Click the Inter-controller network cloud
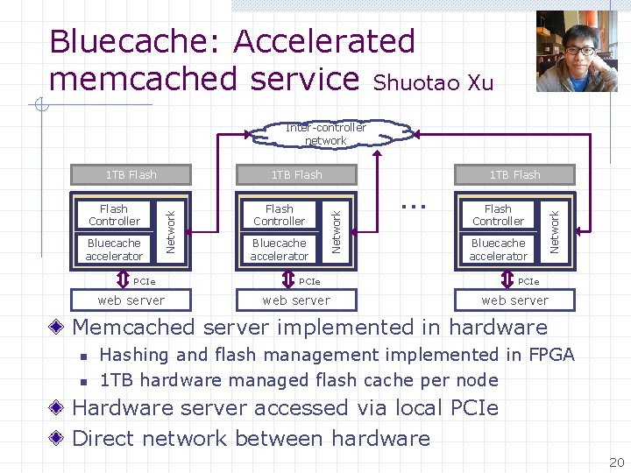[326, 133]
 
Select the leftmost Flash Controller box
[114, 215]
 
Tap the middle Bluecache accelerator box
[279, 250]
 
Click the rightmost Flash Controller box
[498, 215]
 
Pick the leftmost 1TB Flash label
[131, 174]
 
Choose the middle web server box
[296, 300]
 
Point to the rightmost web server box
[514, 300]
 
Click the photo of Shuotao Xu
[577, 51]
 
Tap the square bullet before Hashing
[82, 357]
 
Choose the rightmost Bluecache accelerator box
[498, 250]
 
